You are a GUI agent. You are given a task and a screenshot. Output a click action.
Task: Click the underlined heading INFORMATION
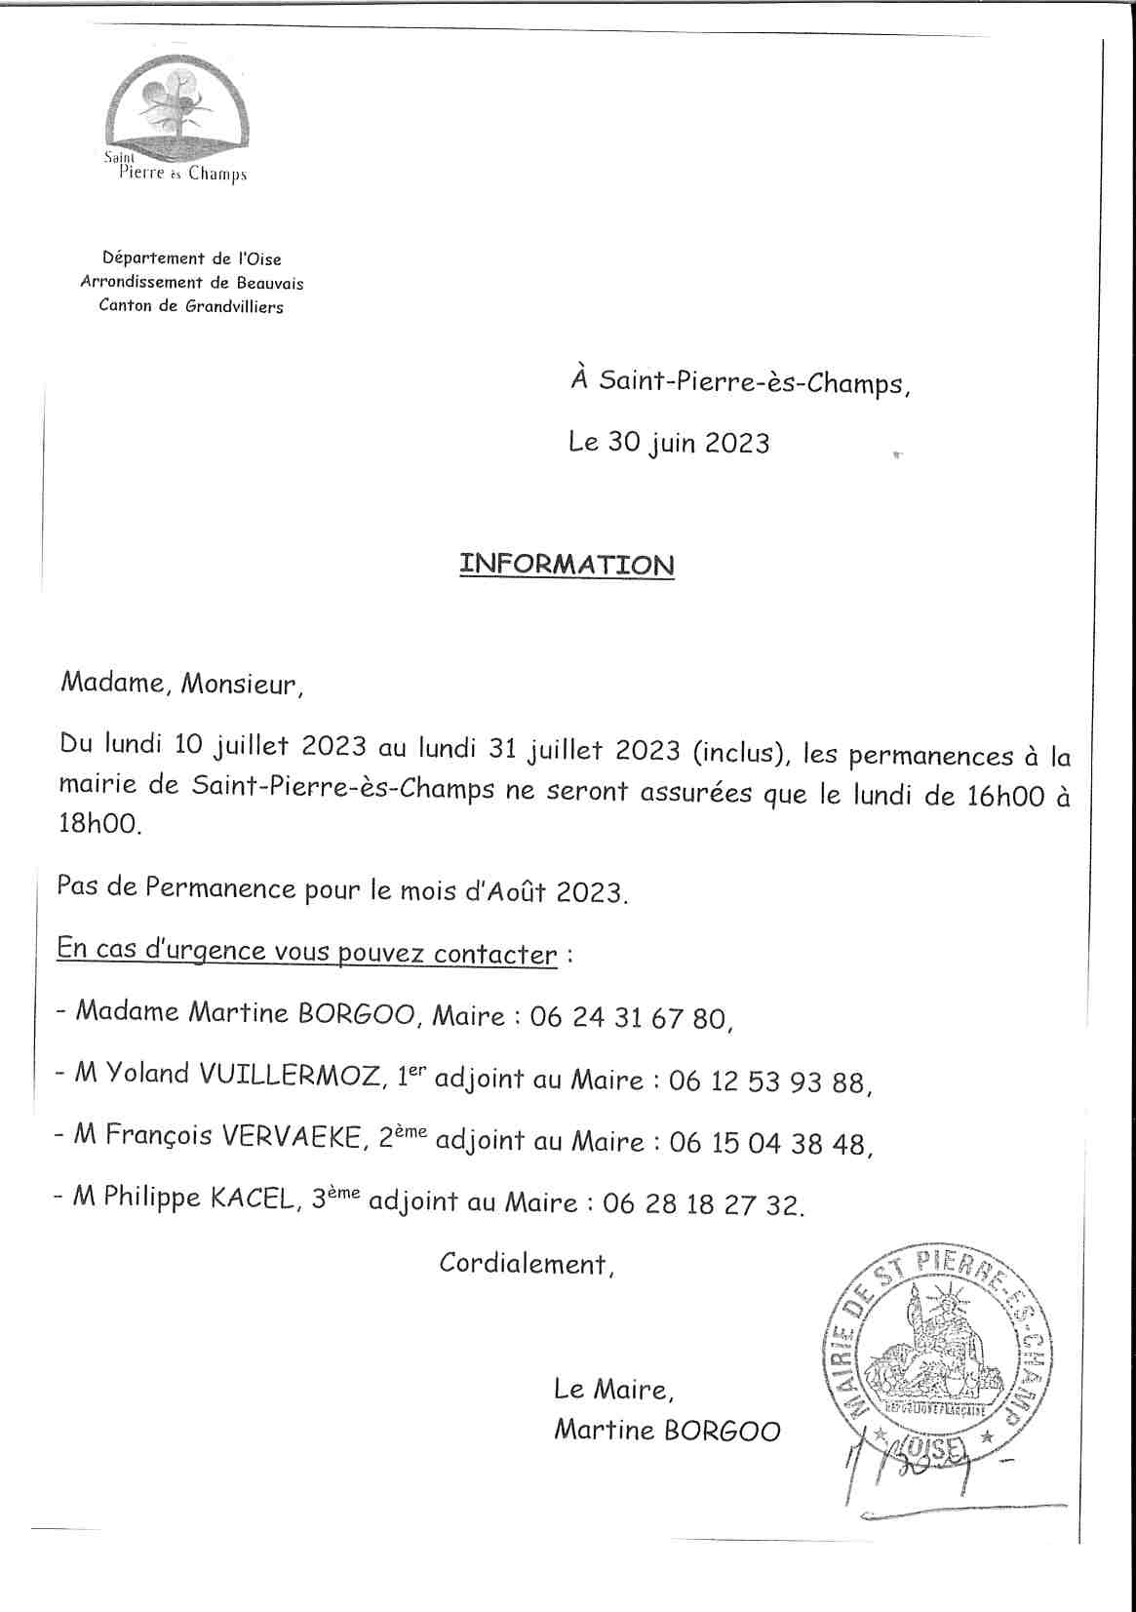click(x=567, y=565)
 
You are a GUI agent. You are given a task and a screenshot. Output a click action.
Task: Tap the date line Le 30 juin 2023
click(x=669, y=443)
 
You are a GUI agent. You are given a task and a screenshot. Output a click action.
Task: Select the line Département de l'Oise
click(x=192, y=259)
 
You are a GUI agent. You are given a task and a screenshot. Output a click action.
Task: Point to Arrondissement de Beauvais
click(x=192, y=283)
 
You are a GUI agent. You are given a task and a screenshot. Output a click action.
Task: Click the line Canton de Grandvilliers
click(x=191, y=306)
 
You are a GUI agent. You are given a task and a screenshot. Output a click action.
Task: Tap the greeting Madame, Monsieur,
click(x=181, y=684)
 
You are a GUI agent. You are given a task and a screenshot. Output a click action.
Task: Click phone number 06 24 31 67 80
click(x=629, y=1018)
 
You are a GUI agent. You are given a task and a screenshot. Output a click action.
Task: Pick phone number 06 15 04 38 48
click(x=767, y=1142)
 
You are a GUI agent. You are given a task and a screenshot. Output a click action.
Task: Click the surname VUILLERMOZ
click(x=290, y=1076)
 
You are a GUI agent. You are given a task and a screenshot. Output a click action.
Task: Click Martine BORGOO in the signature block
click(x=667, y=1431)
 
